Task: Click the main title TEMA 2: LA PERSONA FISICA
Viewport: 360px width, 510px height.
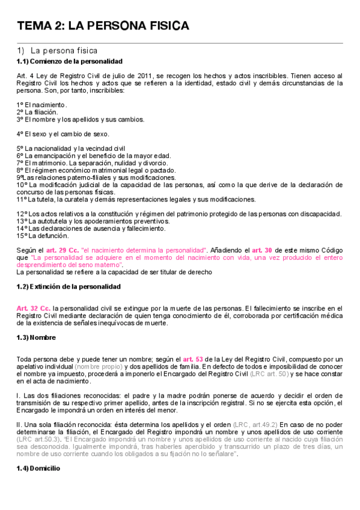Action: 103,26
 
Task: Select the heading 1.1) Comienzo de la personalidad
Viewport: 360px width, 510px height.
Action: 70,61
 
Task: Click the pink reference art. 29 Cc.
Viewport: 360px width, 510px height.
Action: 63,249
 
